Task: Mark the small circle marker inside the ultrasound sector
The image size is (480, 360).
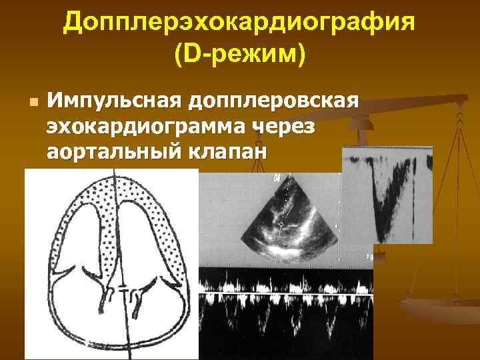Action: pos(281,225)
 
